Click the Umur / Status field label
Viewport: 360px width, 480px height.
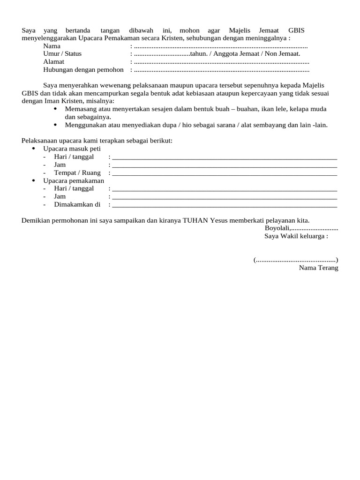click(62, 53)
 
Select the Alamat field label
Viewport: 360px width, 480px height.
click(54, 61)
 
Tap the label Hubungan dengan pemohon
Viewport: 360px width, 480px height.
click(83, 69)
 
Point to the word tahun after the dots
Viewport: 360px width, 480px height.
click(199, 53)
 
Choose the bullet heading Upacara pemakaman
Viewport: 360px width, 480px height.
click(74, 180)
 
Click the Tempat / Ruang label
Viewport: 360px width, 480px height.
click(77, 172)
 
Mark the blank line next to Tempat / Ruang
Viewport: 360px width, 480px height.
click(225, 173)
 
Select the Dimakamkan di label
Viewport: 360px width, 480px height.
click(77, 204)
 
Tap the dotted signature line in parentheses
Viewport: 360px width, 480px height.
click(296, 260)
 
